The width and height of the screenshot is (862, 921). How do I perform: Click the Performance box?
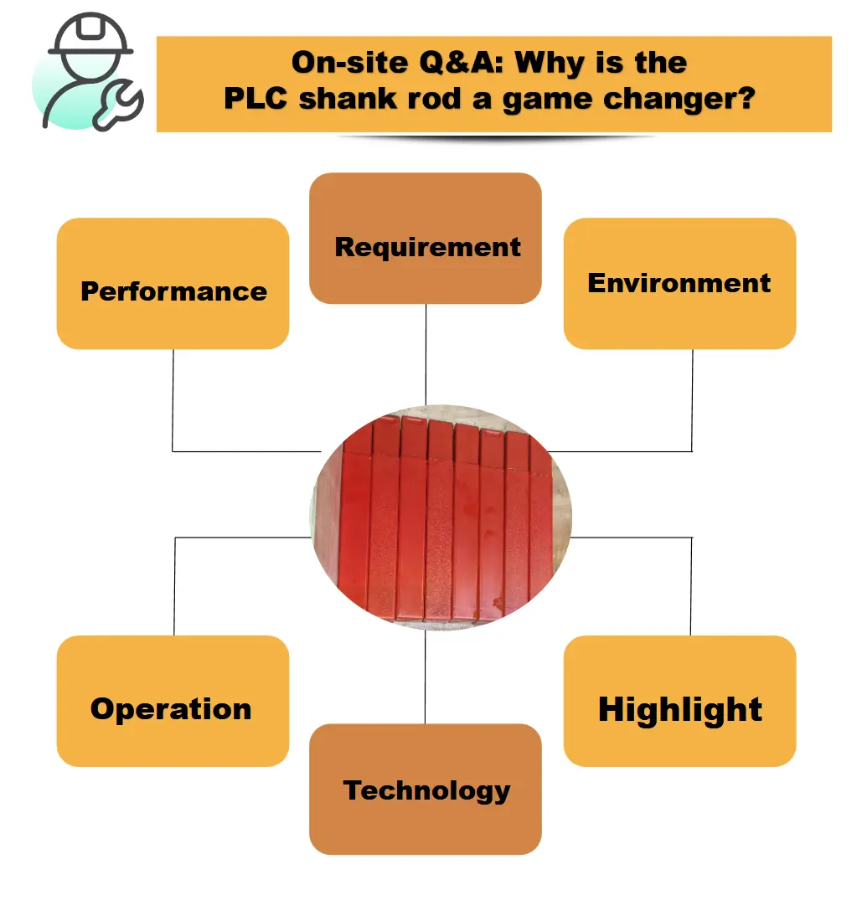pyautogui.click(x=173, y=284)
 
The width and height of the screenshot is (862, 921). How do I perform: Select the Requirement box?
pyautogui.click(x=426, y=238)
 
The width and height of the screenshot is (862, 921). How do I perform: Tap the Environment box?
pyautogui.click(x=680, y=284)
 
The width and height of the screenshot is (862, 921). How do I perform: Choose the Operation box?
pyautogui.click(x=173, y=701)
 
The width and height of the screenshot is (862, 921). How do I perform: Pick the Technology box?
pyautogui.click(x=426, y=789)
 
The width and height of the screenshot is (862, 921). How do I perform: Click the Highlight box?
pyautogui.click(x=680, y=701)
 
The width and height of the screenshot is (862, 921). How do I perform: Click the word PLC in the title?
pyautogui.click(x=256, y=98)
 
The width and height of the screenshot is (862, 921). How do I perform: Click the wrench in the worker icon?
pyautogui.click(x=119, y=106)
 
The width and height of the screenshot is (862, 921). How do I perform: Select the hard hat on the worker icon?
pyautogui.click(x=90, y=34)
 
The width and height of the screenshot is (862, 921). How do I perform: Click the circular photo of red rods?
pyautogui.click(x=441, y=517)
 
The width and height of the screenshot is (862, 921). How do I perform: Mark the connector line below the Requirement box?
pyautogui.click(x=426, y=354)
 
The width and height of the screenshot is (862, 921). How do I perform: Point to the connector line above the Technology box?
pyautogui.click(x=425, y=677)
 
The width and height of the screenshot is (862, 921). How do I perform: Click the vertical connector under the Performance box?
pyautogui.click(x=173, y=400)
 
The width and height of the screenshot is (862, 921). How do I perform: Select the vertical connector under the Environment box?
pyautogui.click(x=692, y=400)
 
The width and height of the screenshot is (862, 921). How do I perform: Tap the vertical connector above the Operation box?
pyautogui.click(x=174, y=586)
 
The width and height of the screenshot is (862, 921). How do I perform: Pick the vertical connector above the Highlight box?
pyautogui.click(x=691, y=586)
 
